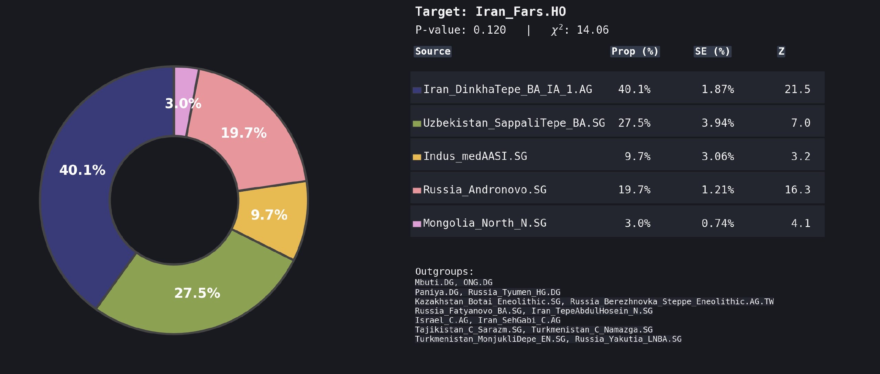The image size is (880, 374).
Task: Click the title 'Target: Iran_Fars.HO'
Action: pos(490,12)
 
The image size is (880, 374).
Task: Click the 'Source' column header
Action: pos(432,52)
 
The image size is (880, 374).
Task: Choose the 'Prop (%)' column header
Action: pos(635,52)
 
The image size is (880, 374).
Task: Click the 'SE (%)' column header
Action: pos(712,52)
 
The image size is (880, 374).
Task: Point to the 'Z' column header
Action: pos(781,52)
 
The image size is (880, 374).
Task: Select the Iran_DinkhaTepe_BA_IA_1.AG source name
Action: pos(507,90)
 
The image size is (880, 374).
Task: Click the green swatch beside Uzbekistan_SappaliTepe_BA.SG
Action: pos(417,124)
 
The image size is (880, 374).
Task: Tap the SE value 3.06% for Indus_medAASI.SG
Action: pos(717,157)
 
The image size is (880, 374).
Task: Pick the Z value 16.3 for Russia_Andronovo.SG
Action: pos(797,190)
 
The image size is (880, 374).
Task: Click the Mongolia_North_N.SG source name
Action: pos(484,223)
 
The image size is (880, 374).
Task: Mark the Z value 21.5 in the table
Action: pos(797,90)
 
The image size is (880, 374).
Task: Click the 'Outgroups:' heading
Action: pos(444,272)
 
